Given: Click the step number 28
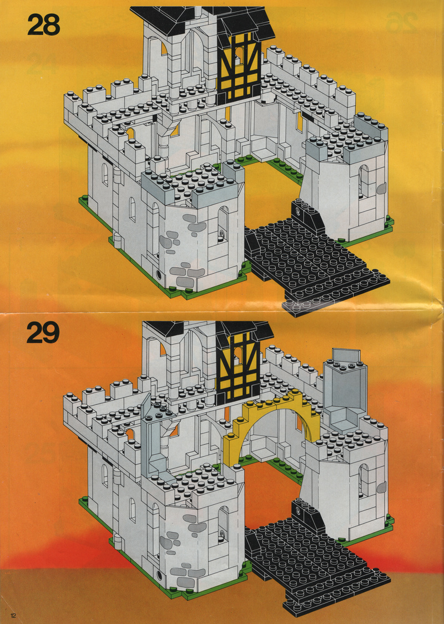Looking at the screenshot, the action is pyautogui.click(x=44, y=25).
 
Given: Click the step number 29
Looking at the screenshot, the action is pyautogui.click(x=43, y=333).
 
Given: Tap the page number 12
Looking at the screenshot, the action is pyautogui.click(x=14, y=616).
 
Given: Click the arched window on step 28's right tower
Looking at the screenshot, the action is pyautogui.click(x=364, y=181).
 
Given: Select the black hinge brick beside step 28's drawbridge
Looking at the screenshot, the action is pyautogui.click(x=307, y=217).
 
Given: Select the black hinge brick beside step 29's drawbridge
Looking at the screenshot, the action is pyautogui.click(x=307, y=515).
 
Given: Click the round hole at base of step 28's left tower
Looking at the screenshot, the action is pyautogui.click(x=160, y=274).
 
